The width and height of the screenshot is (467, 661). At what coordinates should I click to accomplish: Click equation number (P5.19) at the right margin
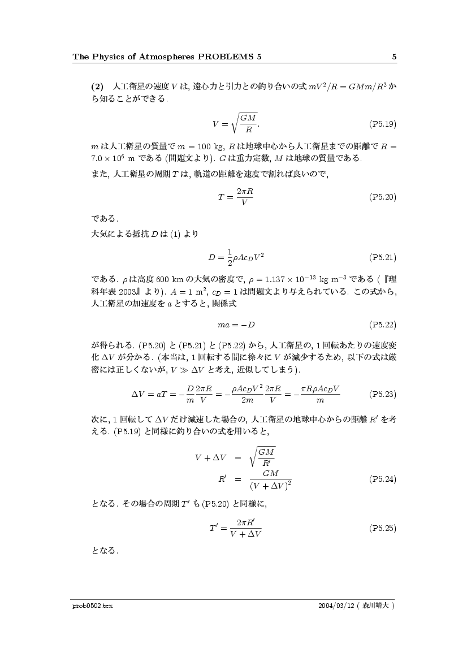(x=382, y=122)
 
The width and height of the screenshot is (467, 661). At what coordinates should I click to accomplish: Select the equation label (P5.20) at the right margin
(x=382, y=197)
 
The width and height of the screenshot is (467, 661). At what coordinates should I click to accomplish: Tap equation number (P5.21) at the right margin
(x=382, y=257)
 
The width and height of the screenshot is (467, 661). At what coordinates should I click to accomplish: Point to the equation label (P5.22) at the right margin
(x=382, y=325)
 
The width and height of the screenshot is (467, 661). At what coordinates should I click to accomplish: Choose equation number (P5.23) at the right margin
(x=382, y=394)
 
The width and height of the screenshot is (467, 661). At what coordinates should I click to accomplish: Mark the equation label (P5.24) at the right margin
(x=382, y=479)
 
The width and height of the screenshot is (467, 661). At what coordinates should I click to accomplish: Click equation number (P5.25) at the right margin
(x=382, y=528)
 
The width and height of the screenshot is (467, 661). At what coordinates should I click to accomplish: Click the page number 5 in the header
(x=394, y=57)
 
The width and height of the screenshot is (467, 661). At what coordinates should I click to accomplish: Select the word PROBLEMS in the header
(x=223, y=57)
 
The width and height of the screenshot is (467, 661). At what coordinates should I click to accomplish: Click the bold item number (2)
(x=98, y=87)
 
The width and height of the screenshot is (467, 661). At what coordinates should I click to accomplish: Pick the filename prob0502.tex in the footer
(x=93, y=606)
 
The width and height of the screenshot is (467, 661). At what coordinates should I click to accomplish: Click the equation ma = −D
(x=236, y=325)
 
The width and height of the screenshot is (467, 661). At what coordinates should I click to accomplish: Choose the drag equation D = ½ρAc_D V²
(x=236, y=257)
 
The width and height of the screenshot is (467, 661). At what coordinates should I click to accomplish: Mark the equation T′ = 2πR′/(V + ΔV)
(x=235, y=528)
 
